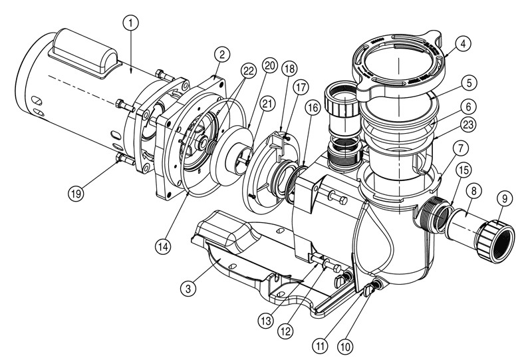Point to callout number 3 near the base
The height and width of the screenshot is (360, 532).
click(x=190, y=289)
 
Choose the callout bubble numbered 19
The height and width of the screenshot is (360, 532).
click(x=77, y=194)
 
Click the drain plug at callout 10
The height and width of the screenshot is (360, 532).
click(x=377, y=285)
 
